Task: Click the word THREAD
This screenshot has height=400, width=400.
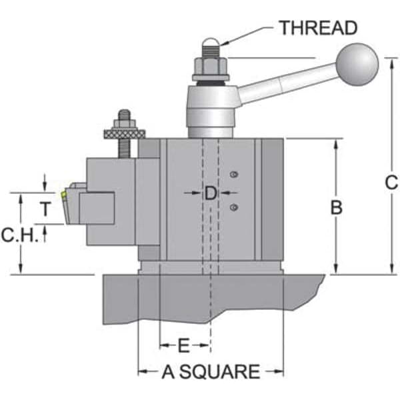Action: click(x=318, y=28)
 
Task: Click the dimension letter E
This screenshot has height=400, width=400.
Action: click(x=185, y=345)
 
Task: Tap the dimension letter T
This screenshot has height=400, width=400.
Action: click(x=44, y=209)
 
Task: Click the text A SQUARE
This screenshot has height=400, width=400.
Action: click(x=211, y=371)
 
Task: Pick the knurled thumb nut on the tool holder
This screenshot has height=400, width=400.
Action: click(x=125, y=133)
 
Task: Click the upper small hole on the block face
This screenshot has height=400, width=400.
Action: click(x=233, y=175)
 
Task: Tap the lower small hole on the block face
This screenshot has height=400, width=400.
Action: click(x=233, y=208)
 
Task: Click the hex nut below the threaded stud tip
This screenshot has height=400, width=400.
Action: click(x=210, y=65)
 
